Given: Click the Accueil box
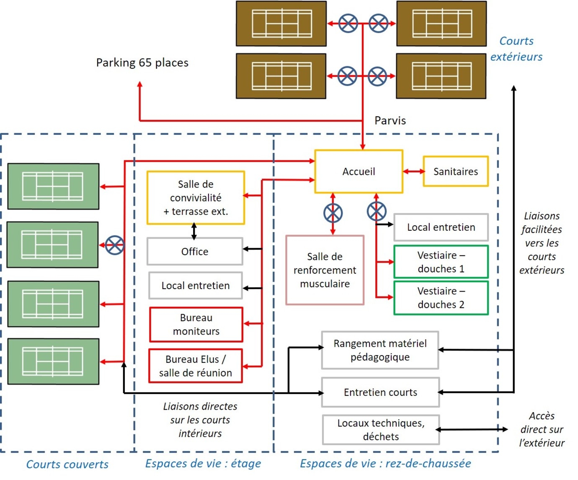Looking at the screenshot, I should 359,171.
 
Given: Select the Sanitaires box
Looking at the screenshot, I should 456,171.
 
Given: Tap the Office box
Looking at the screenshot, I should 195,251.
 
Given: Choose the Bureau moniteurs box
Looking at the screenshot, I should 196,325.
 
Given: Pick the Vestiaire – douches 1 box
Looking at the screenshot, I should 441,262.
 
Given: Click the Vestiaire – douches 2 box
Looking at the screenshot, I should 441,298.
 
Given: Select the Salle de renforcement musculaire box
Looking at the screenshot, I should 325,270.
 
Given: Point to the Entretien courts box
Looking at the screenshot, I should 380,392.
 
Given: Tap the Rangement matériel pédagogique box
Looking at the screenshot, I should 380,350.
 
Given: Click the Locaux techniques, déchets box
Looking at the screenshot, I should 381,430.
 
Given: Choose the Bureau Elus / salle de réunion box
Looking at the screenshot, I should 196,366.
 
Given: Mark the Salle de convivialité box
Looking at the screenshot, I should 196,198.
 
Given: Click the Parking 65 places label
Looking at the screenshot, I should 142,63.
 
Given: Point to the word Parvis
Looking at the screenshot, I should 390,121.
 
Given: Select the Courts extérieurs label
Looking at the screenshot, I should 516,49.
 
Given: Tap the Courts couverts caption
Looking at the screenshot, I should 67,464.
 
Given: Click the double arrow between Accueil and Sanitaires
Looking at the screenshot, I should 413,171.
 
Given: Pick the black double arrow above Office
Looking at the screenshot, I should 194,231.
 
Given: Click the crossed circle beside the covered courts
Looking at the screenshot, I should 115,245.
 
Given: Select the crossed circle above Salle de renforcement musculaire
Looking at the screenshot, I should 333,213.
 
